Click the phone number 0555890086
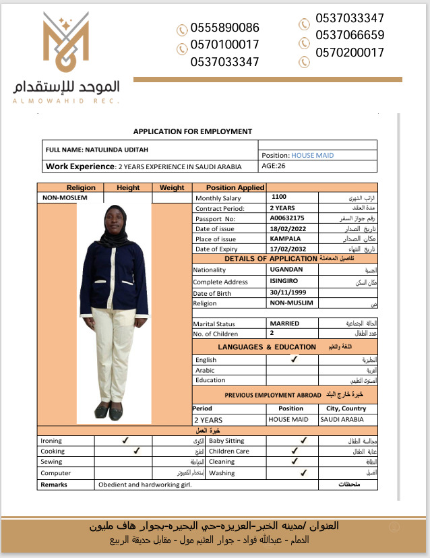point(225,28)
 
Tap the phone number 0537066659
point(350,35)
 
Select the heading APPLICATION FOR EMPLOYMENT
point(193,131)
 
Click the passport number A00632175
point(287,218)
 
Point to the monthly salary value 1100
point(279,197)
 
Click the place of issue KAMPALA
point(285,239)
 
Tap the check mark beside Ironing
point(125,440)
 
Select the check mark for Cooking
point(136,450)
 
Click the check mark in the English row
point(294,360)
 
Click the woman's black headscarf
point(114,225)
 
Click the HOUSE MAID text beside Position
point(313,155)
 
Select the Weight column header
point(173,187)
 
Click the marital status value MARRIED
point(284,323)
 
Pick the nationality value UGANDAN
point(286,270)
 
